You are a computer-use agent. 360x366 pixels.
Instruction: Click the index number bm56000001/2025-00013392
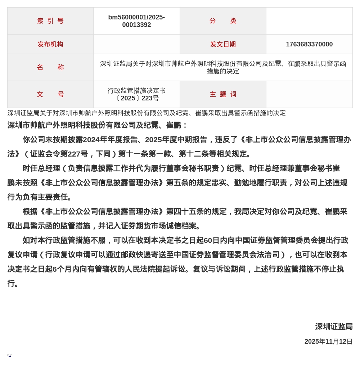(x=136, y=21)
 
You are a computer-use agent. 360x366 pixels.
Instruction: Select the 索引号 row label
(x=50, y=21)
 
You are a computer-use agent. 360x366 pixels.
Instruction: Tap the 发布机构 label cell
(x=50, y=44)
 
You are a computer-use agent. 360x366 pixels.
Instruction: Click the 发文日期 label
(x=223, y=44)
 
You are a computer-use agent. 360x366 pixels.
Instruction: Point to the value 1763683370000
(x=309, y=44)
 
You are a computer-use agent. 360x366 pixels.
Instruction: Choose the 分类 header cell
(x=223, y=21)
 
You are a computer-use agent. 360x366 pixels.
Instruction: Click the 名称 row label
(x=50, y=67)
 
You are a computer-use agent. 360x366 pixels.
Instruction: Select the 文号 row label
(x=50, y=94)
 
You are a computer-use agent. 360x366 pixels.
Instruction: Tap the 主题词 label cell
(x=223, y=94)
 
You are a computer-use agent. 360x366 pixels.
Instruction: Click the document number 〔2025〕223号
(x=136, y=98)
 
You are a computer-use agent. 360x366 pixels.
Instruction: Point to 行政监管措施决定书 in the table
(x=136, y=91)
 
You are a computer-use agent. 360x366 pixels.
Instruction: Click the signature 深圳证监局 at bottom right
(x=334, y=327)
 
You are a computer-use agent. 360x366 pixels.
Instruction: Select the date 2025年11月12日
(x=328, y=342)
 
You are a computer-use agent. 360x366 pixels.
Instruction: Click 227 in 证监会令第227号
(x=75, y=154)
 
